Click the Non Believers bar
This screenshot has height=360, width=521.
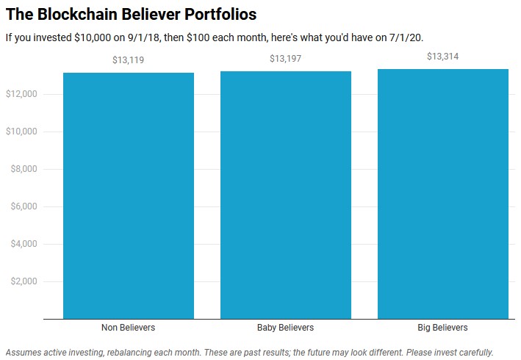[x=128, y=195]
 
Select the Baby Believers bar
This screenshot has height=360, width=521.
[x=285, y=195]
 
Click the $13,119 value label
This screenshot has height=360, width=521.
[x=128, y=60]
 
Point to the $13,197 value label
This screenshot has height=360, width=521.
[x=285, y=59]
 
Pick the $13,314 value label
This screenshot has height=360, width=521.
[x=442, y=57]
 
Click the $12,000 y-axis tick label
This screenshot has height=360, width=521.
[x=22, y=94]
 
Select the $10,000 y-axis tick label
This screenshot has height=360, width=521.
[x=22, y=132]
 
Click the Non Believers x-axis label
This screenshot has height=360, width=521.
[x=128, y=328]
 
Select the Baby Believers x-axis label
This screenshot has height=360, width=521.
[x=285, y=328]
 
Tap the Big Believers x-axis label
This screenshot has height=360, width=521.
[x=442, y=328]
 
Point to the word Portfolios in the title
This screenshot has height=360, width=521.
[x=220, y=15]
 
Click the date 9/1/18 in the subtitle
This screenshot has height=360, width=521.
[x=131, y=37]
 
